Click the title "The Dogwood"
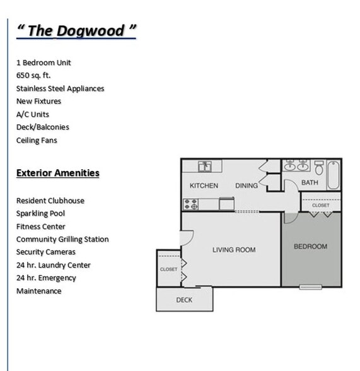(x=76, y=31)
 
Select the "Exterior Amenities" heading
(x=58, y=173)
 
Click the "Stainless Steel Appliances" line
(x=60, y=89)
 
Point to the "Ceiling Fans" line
(x=37, y=141)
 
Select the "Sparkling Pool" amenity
(x=40, y=214)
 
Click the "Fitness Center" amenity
(x=40, y=227)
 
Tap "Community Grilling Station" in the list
(x=62, y=240)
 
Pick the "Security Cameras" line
(x=45, y=252)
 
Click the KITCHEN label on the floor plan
(x=204, y=185)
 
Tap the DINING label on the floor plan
(x=247, y=185)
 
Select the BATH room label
(x=310, y=183)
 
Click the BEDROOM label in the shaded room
(x=310, y=247)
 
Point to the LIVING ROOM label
(x=233, y=250)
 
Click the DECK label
(x=184, y=300)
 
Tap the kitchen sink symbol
(x=205, y=167)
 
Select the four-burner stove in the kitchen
(x=190, y=204)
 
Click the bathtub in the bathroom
(x=333, y=174)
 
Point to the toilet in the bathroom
(x=318, y=168)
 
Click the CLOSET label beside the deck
(x=168, y=269)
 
